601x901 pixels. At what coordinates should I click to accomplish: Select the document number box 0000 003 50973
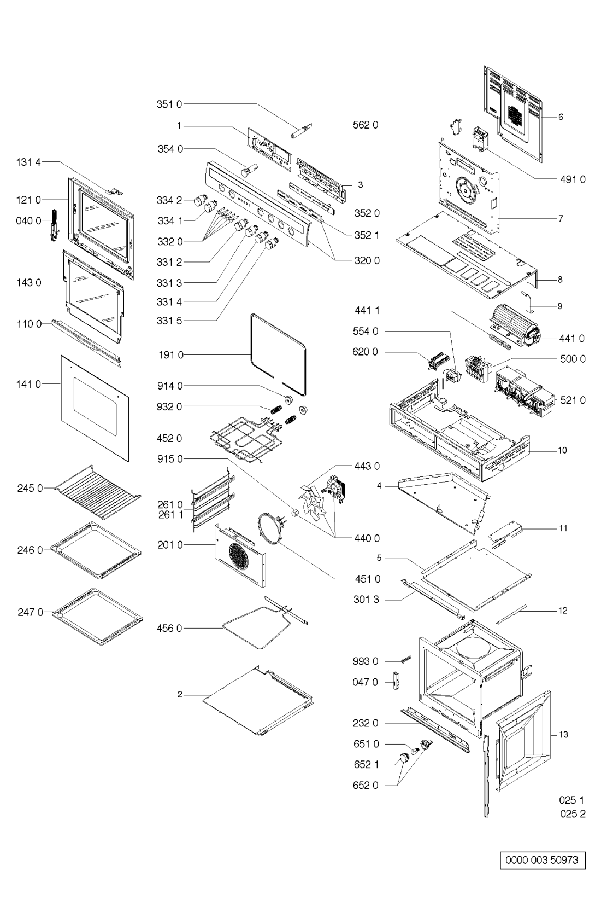tap(541, 860)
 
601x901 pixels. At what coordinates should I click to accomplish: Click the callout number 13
tap(563, 735)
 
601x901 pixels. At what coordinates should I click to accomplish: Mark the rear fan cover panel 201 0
tap(240, 553)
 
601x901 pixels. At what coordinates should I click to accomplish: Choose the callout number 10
tap(562, 450)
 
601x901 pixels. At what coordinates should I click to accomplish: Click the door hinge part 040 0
tap(55, 224)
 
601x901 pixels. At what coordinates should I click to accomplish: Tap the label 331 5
tap(169, 321)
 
